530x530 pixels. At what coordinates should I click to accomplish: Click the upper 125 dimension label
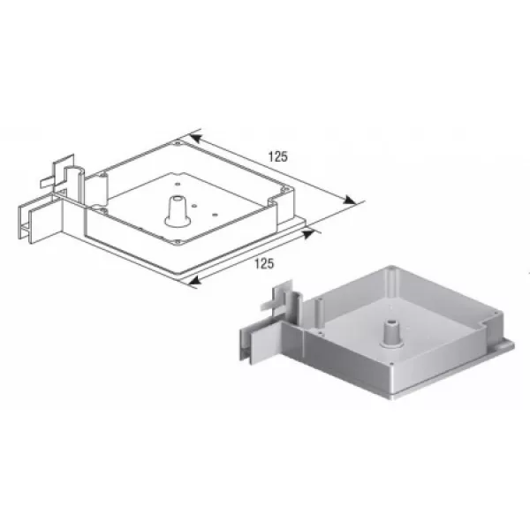[x=278, y=157]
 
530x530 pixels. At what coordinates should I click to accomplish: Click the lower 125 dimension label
[x=264, y=263]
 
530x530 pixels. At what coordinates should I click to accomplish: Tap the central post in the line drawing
[x=178, y=211]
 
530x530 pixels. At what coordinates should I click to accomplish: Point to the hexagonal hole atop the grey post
[x=392, y=322]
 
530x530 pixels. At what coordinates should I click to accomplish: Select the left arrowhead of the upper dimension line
[x=196, y=138]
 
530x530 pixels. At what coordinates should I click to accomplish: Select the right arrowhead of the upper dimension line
[x=349, y=200]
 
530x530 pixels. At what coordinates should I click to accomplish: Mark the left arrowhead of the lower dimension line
[x=194, y=280]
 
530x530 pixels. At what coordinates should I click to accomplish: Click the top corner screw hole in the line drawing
[x=178, y=143]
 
